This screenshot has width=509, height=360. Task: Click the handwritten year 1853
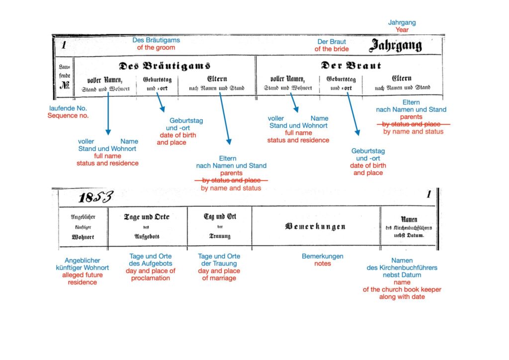coord(95,197)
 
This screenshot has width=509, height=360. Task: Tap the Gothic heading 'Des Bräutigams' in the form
coord(165,66)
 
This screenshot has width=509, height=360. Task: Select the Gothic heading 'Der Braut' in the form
coord(351,66)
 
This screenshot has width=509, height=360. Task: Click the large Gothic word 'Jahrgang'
coord(395,46)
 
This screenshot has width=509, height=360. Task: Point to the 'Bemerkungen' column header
coord(315,227)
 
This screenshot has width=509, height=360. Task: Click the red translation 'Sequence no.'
coord(68,116)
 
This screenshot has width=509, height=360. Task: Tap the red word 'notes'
coord(323,264)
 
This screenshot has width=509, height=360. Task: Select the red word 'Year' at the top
coord(402,30)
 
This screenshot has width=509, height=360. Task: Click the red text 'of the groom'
coord(156,48)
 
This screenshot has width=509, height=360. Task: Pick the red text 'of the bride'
coord(332,49)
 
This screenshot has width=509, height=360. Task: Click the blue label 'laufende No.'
coord(69,108)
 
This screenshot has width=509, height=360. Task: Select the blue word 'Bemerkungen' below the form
coord(323,257)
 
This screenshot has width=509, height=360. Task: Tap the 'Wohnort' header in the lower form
coord(83,237)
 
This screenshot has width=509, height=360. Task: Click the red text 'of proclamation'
coord(151,278)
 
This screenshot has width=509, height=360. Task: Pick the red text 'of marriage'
coord(219,278)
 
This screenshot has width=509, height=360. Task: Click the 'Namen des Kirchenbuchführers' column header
coord(409,227)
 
